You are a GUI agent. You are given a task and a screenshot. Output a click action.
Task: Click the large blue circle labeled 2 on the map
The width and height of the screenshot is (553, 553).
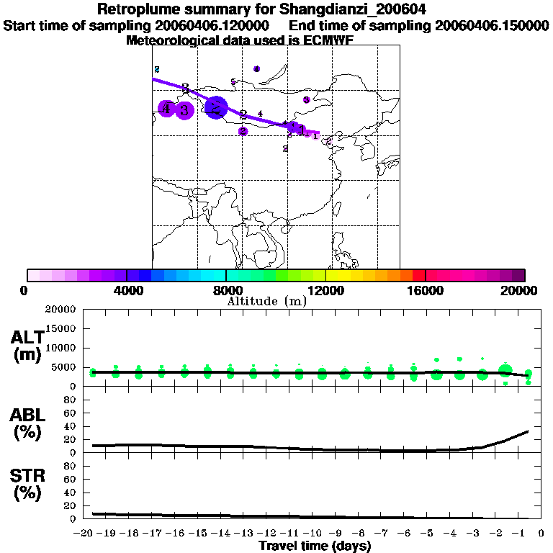point(215,108)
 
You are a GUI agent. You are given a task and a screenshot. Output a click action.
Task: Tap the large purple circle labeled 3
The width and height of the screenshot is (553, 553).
point(185,110)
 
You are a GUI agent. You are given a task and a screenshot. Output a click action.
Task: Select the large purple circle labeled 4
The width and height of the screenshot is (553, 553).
point(166,109)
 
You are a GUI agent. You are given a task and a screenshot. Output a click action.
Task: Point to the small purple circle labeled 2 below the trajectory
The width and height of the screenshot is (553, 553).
point(243,131)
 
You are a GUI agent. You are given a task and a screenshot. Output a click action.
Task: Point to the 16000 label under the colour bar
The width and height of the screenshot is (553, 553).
point(425,290)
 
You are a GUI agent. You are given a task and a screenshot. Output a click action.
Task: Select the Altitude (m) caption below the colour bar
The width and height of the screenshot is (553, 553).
point(267,301)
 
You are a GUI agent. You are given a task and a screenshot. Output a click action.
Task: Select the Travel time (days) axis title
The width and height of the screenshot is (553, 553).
point(315,547)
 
